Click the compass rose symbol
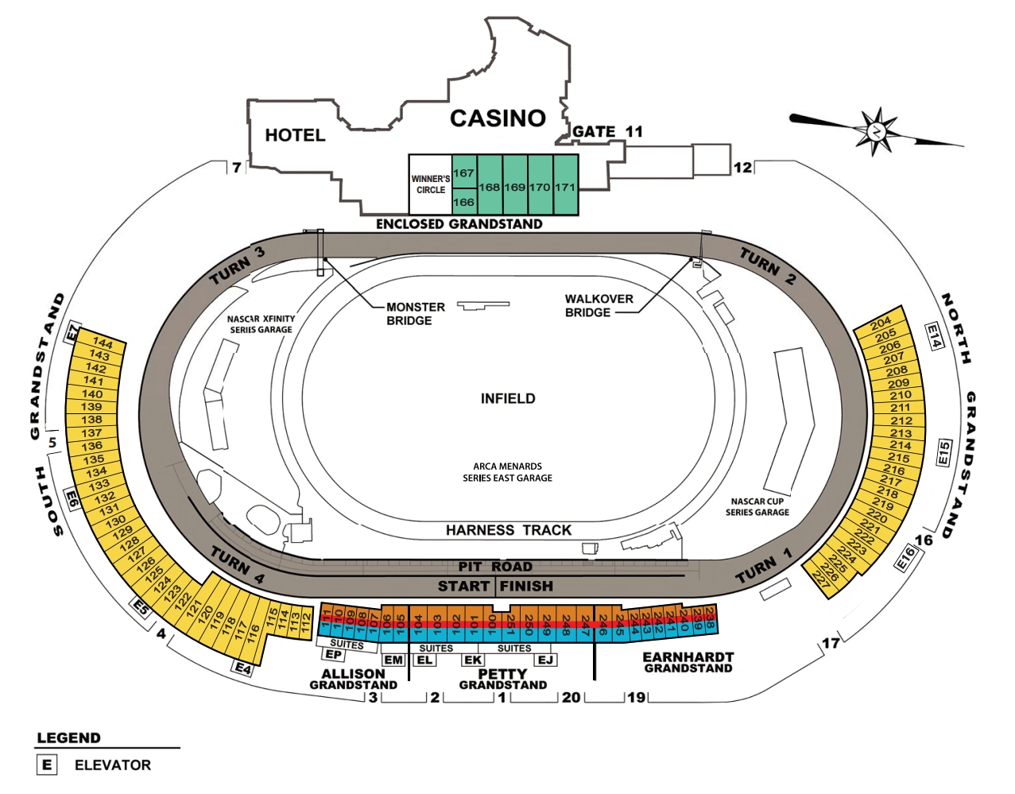pos(876,130)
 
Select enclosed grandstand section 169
pos(515,187)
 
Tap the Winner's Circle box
pos(430,184)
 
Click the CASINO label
pos(498,118)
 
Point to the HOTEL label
pos(295,135)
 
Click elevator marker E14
pos(934,335)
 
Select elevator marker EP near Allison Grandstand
pos(334,655)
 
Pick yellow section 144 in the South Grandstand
pos(103,344)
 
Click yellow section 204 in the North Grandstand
pos(881,323)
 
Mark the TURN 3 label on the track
pos(237,266)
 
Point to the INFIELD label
pos(508,398)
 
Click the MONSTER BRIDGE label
pos(415,314)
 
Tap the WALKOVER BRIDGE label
pos(599,305)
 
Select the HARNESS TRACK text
pos(508,530)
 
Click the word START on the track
pos(463,587)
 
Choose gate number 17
pos(831,643)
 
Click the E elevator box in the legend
pos(47,765)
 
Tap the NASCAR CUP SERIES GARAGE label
pos(757,507)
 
